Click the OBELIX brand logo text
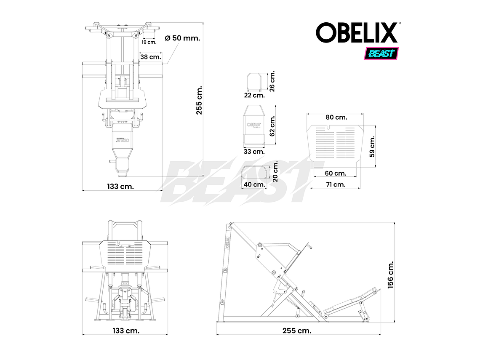pyautogui.click(x=357, y=32)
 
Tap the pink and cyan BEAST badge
pyautogui.click(x=381, y=53)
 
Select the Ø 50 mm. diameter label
pyautogui.click(x=182, y=38)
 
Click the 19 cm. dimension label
pyautogui.click(x=149, y=42)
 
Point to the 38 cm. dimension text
pyautogui.click(x=150, y=57)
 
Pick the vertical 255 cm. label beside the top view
pyautogui.click(x=199, y=100)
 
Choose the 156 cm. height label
pyautogui.click(x=390, y=274)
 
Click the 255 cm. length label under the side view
pyautogui.click(x=297, y=331)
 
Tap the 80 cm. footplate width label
pyautogui.click(x=336, y=117)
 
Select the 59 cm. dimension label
pyautogui.click(x=372, y=147)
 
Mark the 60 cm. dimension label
pyautogui.click(x=336, y=173)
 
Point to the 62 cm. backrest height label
pyautogui.click(x=272, y=126)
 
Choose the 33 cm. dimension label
pyautogui.click(x=254, y=151)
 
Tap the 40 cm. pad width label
pyautogui.click(x=254, y=184)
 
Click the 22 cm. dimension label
pyautogui.click(x=254, y=95)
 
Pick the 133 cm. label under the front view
pyautogui.click(x=125, y=331)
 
